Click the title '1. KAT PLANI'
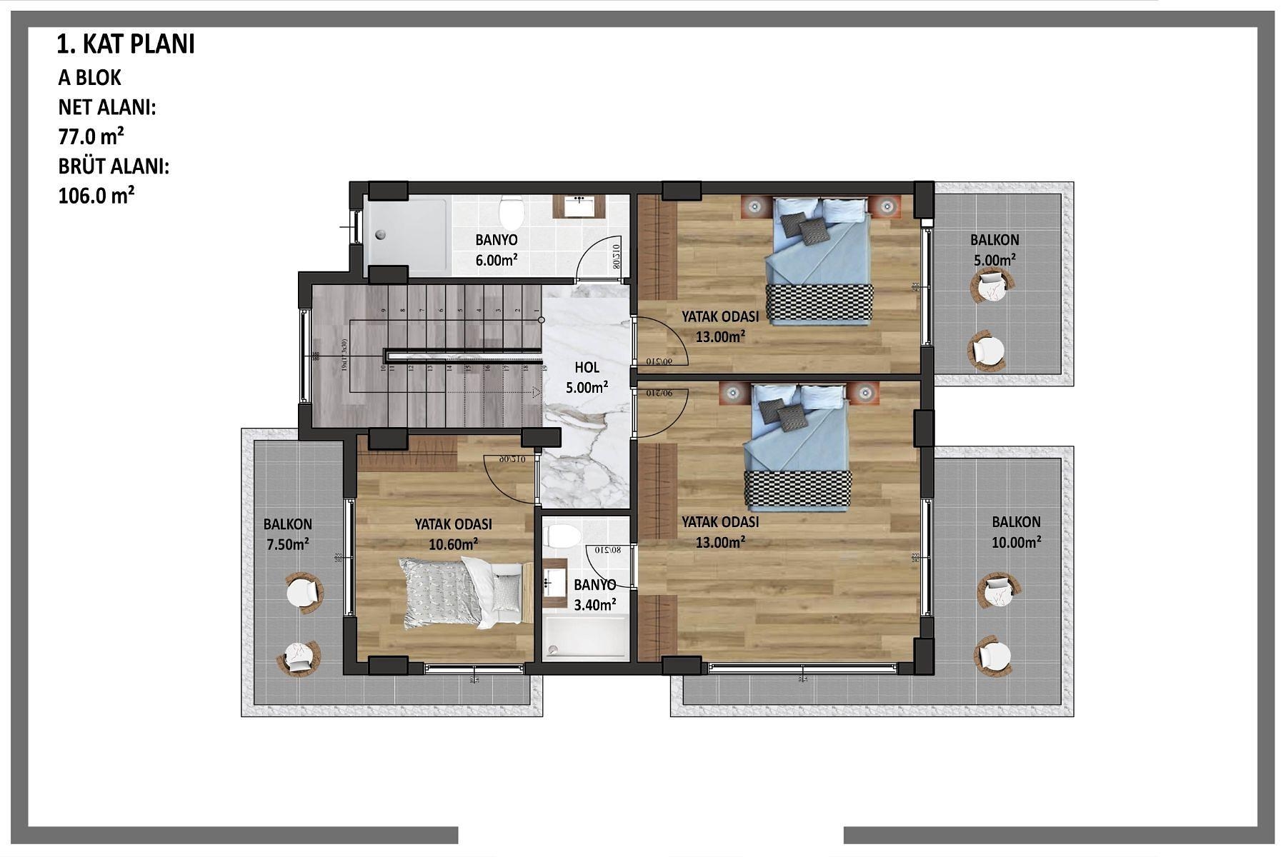pos(126,44)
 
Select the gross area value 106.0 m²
pos(96,195)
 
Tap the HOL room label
pos(587,368)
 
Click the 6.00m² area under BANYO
pos(497,261)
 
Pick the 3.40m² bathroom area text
pos(595,605)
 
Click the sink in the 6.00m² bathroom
pos(579,206)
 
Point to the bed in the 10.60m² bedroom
pos(461,593)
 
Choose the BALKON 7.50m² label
pos(287,534)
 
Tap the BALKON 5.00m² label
pos(995,250)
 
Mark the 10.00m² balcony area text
pos(1016,542)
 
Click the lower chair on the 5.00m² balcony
pos(988,350)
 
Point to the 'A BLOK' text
pos(90,77)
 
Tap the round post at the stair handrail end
pos(542,320)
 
